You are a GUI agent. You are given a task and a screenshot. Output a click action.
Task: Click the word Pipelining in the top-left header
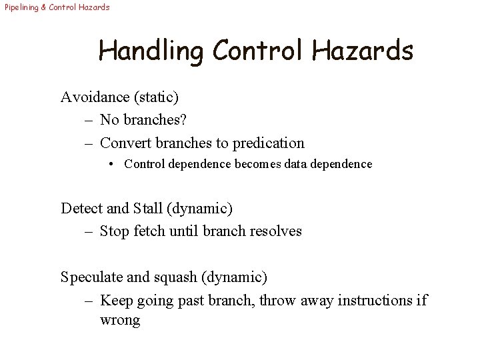pos(19,7)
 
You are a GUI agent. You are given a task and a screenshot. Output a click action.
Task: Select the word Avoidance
pos(95,97)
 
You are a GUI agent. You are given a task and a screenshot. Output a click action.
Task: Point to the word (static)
pos(157,97)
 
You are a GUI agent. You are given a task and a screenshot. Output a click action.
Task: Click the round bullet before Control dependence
pos(114,164)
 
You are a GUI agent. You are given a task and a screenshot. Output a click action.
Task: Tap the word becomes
pos(259,164)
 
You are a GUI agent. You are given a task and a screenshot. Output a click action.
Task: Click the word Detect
pos(82,209)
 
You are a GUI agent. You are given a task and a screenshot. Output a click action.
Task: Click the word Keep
pos(117,300)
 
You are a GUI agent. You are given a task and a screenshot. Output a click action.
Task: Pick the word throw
pos(277,300)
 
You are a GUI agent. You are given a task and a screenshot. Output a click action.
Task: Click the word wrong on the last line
pos(120,320)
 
